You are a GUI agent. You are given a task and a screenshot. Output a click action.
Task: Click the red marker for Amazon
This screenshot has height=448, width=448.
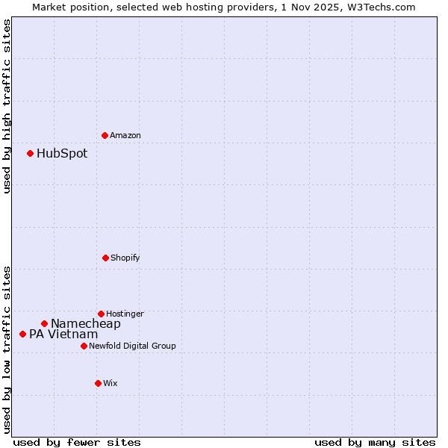click(x=105, y=135)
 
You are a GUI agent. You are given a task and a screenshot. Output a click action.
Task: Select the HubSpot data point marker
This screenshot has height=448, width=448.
click(x=30, y=153)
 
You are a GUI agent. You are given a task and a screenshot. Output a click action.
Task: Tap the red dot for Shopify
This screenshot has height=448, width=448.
click(x=105, y=258)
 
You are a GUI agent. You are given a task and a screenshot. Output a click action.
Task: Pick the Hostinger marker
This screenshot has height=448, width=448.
click(x=101, y=314)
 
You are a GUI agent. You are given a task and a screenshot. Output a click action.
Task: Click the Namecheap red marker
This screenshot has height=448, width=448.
click(x=44, y=323)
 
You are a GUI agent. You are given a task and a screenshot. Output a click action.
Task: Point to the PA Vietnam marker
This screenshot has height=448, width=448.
click(x=22, y=334)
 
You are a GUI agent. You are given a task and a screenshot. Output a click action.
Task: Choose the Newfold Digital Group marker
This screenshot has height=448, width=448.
click(x=84, y=346)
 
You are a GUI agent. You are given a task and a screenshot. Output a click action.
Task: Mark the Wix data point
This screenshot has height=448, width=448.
click(x=98, y=383)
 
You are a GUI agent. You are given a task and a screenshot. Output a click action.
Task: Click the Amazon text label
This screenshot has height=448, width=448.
click(x=125, y=135)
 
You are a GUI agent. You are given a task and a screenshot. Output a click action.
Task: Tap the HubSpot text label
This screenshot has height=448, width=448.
click(x=62, y=154)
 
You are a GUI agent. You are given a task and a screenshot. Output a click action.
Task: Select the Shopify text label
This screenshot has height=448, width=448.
click(x=125, y=258)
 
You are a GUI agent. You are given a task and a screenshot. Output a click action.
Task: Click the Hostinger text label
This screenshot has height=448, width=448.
click(x=125, y=314)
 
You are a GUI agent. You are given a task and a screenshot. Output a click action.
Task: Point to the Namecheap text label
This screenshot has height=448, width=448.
click(x=86, y=324)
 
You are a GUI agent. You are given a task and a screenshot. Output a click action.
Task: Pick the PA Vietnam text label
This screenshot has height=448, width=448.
click(x=63, y=335)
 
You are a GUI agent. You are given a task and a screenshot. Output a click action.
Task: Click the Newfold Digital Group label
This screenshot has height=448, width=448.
click(x=132, y=346)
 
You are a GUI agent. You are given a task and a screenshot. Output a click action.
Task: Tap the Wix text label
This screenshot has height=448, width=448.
click(x=111, y=383)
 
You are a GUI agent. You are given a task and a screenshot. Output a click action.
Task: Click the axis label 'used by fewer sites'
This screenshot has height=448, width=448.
click(x=77, y=442)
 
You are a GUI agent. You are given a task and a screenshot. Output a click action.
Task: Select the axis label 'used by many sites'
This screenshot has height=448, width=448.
click(x=375, y=442)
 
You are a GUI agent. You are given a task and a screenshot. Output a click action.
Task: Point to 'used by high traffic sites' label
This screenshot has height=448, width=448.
click(x=7, y=107)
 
